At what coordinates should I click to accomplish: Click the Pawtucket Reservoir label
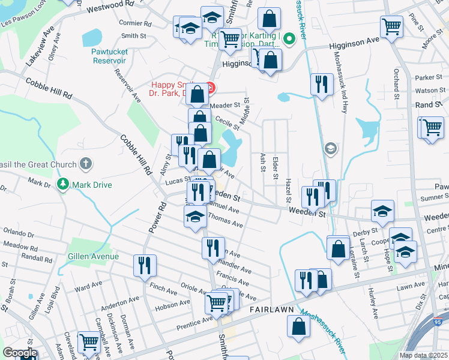[109, 56]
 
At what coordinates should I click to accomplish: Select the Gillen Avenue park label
[93, 256]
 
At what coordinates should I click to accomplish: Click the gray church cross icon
[86, 164]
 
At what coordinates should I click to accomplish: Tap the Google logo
[20, 353]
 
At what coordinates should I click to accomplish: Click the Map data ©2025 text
[423, 355]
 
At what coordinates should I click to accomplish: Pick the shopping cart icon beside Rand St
[432, 127]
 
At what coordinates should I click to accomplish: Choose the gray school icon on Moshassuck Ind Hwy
[330, 148]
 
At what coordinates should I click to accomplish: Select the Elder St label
[276, 167]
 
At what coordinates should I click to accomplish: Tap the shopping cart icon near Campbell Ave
[89, 342]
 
